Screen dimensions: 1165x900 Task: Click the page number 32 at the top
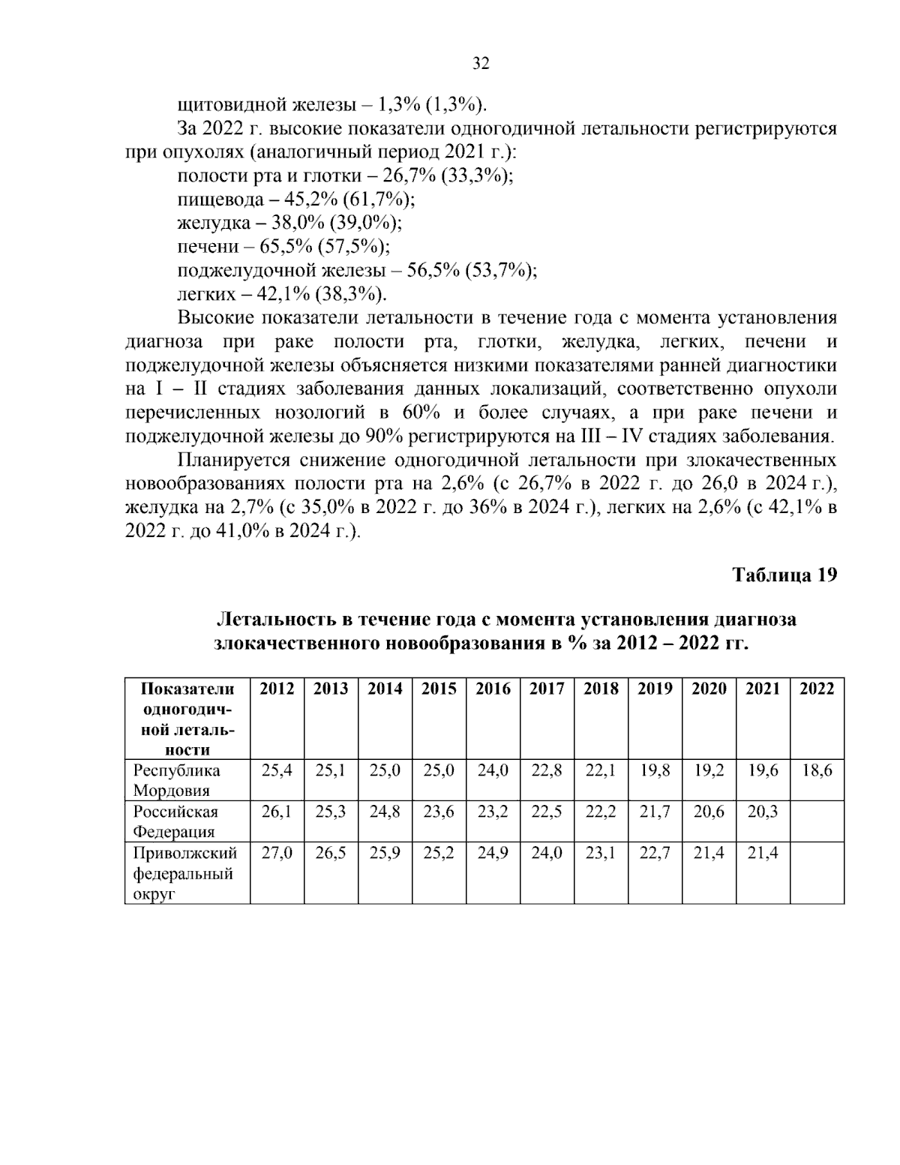tap(481, 64)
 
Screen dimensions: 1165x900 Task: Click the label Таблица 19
tap(784, 575)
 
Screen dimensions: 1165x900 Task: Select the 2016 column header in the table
tap(493, 689)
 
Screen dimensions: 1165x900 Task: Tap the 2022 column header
tap(817, 689)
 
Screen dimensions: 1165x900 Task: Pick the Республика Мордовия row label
tap(177, 780)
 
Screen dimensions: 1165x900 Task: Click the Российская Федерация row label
tap(176, 821)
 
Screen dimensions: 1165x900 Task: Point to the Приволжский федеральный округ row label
tap(184, 874)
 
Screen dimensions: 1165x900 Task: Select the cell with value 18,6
tap(817, 770)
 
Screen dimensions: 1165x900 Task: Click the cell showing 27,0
tap(277, 854)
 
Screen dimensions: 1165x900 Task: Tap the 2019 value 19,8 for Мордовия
tap(655, 770)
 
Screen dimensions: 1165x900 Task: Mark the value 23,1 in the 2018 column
tap(600, 854)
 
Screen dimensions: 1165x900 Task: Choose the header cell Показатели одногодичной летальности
tap(187, 718)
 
